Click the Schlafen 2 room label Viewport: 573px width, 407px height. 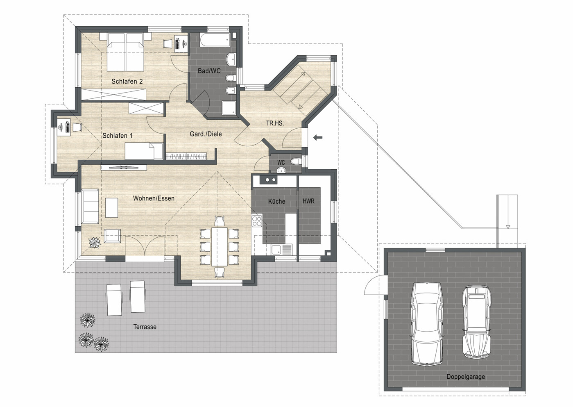(x=127, y=82)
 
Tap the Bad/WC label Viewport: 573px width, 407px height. (x=209, y=71)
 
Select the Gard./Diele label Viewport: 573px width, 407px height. (x=206, y=134)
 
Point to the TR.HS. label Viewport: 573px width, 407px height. (x=275, y=123)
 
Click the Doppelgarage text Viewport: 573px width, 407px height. (x=466, y=377)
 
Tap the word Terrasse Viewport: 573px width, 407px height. (x=145, y=327)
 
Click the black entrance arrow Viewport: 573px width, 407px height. (x=318, y=137)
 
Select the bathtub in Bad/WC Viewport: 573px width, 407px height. (x=215, y=40)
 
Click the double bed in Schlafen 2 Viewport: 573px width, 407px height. (x=125, y=52)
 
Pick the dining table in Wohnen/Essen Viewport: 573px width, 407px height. (x=219, y=246)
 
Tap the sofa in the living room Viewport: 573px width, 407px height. (x=90, y=206)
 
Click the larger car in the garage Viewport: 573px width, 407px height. (x=427, y=324)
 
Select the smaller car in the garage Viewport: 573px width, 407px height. (x=477, y=322)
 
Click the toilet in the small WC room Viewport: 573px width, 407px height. (x=297, y=161)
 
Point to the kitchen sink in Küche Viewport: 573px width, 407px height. (x=281, y=249)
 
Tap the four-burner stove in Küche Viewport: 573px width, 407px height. (x=257, y=221)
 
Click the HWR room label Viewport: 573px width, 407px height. (x=308, y=201)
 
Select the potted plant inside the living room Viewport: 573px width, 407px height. (x=95, y=242)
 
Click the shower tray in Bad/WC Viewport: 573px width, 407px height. (x=229, y=108)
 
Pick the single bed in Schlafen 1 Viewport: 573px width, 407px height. (x=144, y=151)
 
